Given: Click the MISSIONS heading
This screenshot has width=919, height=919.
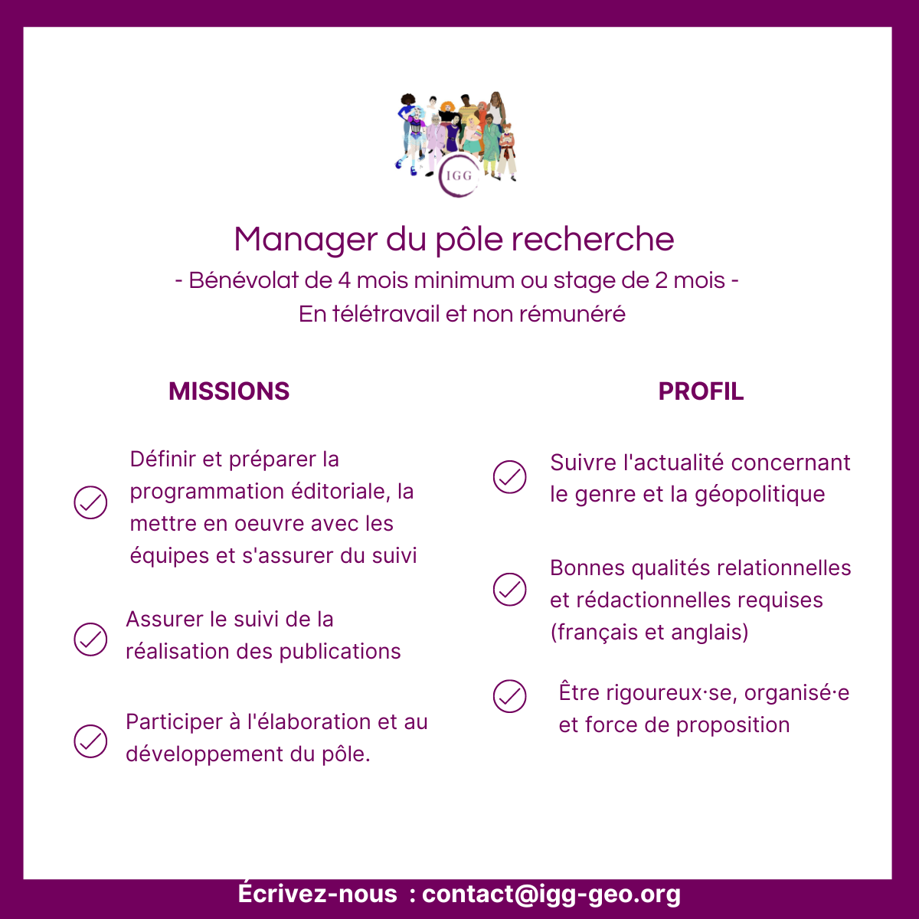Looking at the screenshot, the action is tap(229, 391).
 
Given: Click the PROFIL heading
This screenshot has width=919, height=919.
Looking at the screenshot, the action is tap(701, 391).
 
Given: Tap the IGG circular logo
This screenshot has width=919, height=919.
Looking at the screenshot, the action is tap(458, 176).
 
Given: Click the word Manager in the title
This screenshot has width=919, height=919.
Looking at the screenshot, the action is tap(306, 240).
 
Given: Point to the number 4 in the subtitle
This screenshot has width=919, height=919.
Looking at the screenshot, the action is tap(344, 280).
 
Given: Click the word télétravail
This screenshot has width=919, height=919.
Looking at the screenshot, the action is tap(385, 314).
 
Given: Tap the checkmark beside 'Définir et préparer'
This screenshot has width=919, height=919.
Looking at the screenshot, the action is tap(90, 502).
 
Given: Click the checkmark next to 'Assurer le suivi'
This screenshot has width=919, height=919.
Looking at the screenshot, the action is tap(90, 639).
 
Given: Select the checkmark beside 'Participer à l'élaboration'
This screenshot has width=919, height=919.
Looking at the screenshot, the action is tap(90, 741).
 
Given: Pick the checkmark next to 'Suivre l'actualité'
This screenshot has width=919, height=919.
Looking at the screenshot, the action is tap(509, 477).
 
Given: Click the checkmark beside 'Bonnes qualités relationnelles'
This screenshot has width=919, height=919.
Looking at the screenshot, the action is tap(509, 590).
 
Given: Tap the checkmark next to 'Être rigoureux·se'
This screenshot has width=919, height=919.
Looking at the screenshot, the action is tap(509, 696).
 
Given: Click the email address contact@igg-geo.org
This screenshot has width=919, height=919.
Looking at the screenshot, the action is tap(551, 894).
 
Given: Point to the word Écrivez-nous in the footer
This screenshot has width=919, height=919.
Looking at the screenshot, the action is tap(317, 892).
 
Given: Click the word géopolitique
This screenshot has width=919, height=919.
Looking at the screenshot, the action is tap(760, 495).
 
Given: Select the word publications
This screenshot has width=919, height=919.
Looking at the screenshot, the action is tap(340, 652).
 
